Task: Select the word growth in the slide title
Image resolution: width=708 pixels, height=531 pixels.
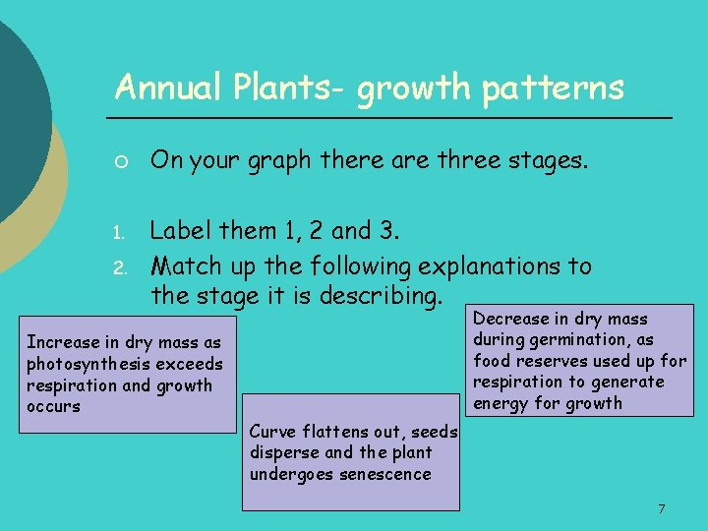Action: click(414, 88)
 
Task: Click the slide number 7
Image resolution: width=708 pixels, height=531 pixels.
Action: click(662, 508)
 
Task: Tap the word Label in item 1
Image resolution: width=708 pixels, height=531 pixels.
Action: click(182, 231)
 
